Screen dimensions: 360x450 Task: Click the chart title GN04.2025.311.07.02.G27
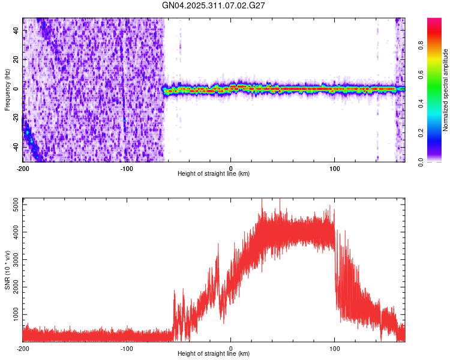214,5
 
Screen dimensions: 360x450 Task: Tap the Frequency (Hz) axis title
7,90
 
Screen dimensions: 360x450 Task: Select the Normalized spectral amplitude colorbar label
445,90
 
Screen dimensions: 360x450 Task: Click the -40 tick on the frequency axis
15,146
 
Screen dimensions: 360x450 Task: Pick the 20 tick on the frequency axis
16,59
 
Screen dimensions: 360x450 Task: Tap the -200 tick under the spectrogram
23,167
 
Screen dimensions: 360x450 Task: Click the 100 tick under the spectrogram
335,167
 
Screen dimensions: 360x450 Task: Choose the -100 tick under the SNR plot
127,348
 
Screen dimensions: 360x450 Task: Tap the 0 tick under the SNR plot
231,348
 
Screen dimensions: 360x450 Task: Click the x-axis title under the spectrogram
214,174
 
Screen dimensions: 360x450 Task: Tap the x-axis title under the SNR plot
214,354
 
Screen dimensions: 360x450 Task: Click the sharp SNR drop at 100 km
335,264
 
